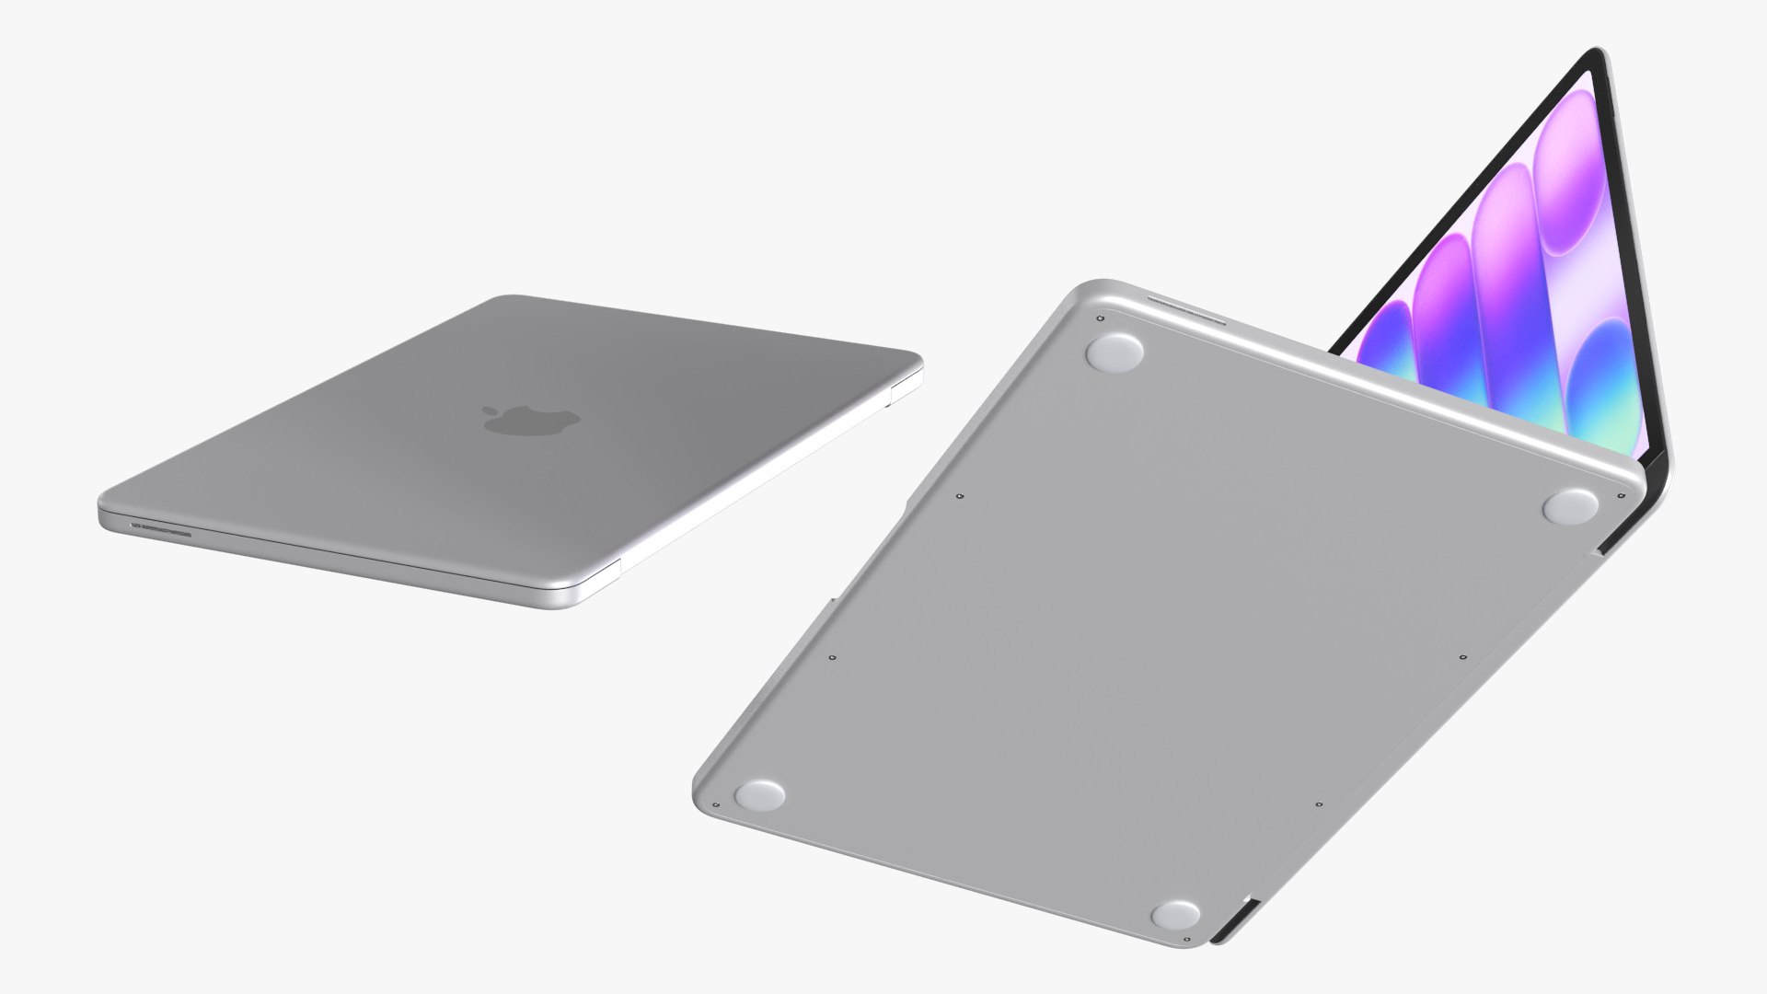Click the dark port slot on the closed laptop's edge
[x=161, y=528]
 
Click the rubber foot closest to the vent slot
[x=1114, y=351]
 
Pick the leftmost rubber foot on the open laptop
[x=760, y=793]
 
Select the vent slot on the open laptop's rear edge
[x=1187, y=311]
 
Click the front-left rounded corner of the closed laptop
[x=106, y=515]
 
